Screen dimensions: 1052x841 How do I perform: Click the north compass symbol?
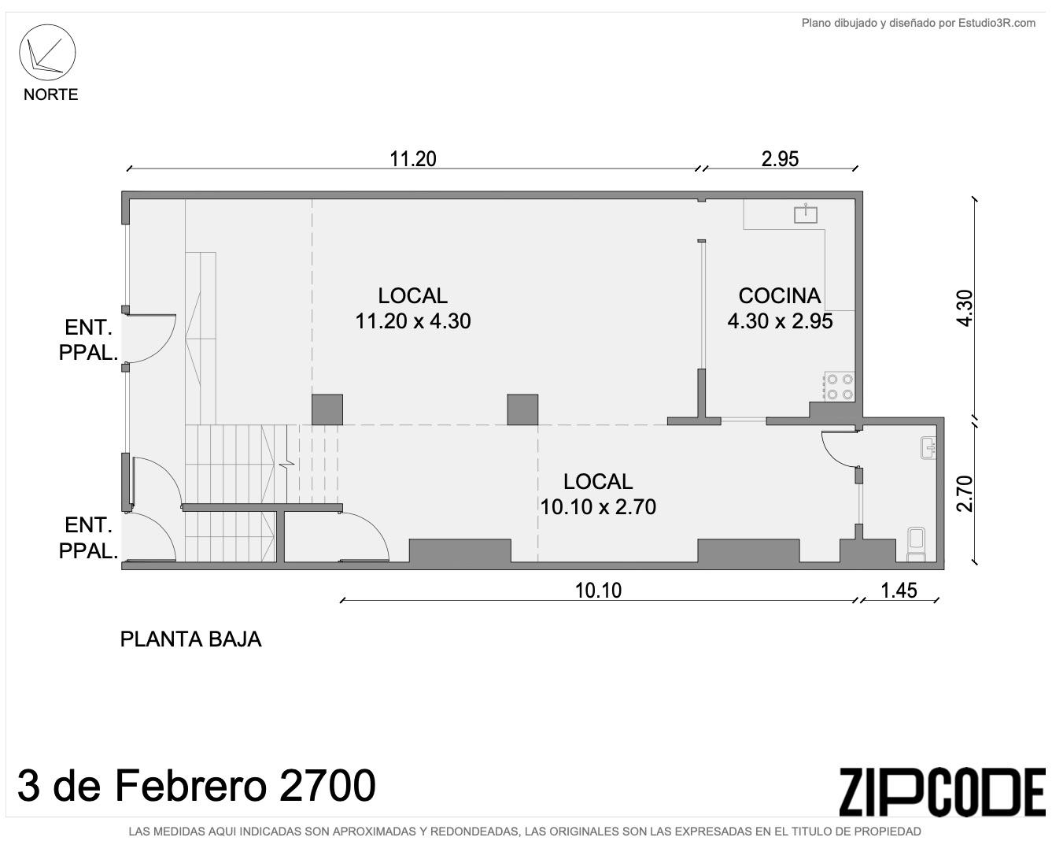click(47, 53)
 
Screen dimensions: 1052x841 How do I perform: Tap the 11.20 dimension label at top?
click(412, 159)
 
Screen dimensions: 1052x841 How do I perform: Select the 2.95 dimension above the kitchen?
click(780, 159)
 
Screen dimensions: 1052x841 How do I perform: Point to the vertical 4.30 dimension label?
click(965, 308)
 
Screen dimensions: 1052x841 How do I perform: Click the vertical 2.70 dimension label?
click(965, 494)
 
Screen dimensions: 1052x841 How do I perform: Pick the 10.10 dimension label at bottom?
click(598, 591)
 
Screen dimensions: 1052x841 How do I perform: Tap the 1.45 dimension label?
click(899, 591)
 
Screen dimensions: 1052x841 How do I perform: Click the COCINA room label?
click(779, 295)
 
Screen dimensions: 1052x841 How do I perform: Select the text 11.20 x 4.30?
click(412, 321)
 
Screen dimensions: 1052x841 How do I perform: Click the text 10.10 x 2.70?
click(598, 507)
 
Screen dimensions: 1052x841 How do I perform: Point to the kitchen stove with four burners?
click(840, 387)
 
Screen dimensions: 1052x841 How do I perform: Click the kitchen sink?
click(806, 214)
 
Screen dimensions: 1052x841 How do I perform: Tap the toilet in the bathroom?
click(916, 544)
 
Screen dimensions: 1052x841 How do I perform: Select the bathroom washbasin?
click(928, 448)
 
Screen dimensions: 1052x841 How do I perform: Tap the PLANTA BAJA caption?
click(190, 639)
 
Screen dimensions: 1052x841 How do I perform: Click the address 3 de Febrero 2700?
click(197, 786)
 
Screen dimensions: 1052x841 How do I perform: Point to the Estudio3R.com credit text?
click(918, 23)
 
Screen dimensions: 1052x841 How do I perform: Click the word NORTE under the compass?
click(51, 94)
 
